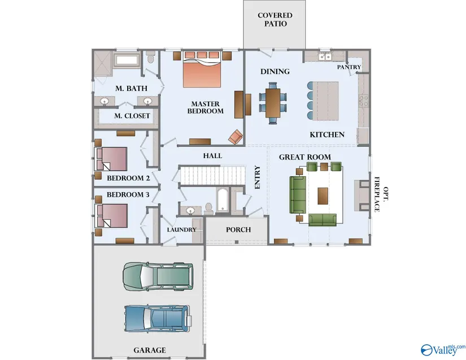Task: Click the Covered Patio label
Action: [275, 20]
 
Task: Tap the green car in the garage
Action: [158, 276]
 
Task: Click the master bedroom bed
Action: [202, 70]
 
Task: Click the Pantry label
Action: [349, 67]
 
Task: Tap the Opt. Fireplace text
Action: [381, 195]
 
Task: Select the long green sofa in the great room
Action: [298, 194]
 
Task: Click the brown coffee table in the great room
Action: [323, 196]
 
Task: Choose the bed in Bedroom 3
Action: [111, 215]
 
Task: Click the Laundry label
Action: [181, 230]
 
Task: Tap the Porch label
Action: [238, 230]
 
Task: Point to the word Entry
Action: [258, 177]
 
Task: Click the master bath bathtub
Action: [127, 60]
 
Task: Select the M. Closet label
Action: [132, 116]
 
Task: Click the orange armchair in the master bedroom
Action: [236, 137]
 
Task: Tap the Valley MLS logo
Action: [443, 350]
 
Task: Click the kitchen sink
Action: [325, 56]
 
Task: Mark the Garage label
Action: [150, 350]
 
